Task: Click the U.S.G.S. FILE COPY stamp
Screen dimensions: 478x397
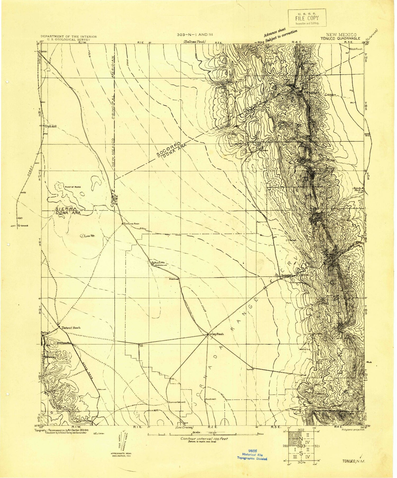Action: point(307,18)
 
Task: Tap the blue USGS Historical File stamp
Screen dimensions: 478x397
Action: point(252,454)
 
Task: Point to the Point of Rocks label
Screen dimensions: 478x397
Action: point(73,187)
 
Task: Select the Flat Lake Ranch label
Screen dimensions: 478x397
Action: point(132,224)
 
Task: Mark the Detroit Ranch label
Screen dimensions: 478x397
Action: point(71,328)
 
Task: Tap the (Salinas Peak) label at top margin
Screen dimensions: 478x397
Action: point(193,42)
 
